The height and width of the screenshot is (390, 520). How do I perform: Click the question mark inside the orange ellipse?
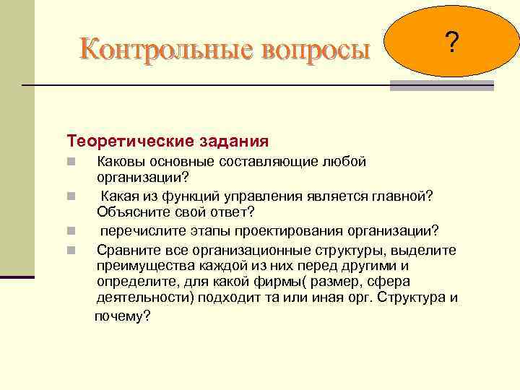(x=451, y=45)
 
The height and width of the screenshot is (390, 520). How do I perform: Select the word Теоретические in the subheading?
(x=124, y=139)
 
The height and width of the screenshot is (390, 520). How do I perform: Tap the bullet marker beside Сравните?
(x=70, y=251)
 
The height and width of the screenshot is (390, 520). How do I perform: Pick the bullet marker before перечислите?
(x=70, y=232)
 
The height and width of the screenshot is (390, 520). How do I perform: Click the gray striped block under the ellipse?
(x=441, y=85)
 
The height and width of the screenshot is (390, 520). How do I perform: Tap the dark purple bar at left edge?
(x=17, y=277)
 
